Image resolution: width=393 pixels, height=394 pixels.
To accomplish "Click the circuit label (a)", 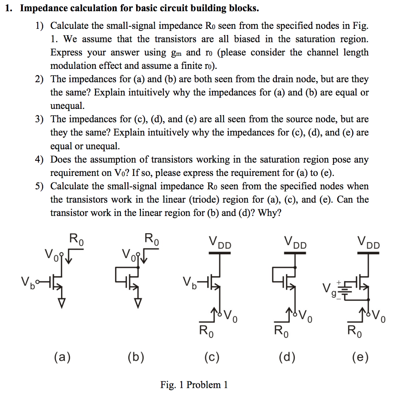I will pos(62,357).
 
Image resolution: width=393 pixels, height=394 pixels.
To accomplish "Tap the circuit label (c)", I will pos(211,357).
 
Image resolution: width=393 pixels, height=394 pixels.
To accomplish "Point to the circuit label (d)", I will pos(288,357).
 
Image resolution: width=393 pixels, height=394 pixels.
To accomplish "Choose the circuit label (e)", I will pos(360,357).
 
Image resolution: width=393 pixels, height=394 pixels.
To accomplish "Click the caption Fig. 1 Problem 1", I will pos(194,384).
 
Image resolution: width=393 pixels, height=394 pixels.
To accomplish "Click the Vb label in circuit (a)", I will pos(28,278).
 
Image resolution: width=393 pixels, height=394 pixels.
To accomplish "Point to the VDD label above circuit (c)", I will pos(220,243).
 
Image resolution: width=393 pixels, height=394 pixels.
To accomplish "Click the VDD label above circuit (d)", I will pos(295,243).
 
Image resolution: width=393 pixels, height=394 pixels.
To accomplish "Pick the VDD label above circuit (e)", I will pos(368,243).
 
